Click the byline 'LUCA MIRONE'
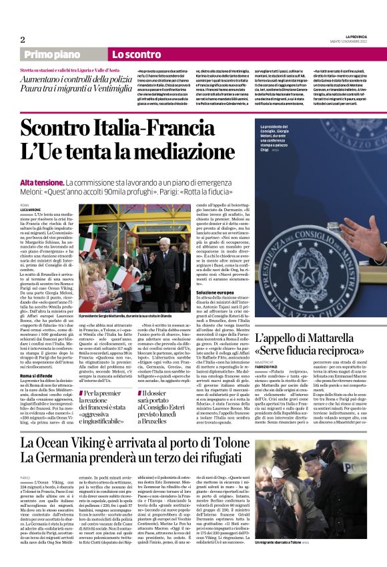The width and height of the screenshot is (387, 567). click(x=31, y=209)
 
